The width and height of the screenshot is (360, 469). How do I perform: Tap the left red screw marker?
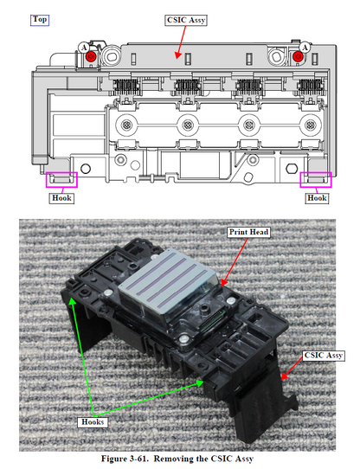point(90,56)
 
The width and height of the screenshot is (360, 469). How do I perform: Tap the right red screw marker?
point(298,56)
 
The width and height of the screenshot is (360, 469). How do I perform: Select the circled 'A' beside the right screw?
point(307,46)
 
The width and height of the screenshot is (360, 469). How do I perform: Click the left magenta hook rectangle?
point(61,179)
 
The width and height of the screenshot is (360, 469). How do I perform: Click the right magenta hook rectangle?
point(315,179)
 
